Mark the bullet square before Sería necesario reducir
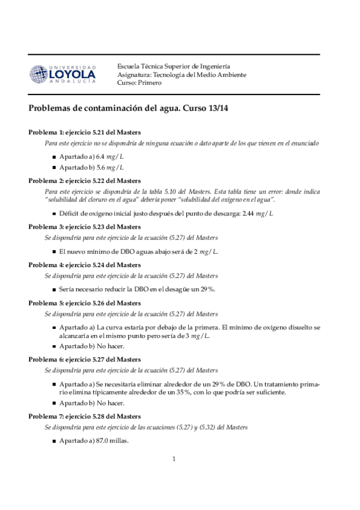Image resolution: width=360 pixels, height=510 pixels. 54,289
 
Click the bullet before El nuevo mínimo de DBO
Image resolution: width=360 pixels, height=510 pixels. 54,251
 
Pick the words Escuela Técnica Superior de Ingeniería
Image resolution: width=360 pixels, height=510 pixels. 173,66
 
